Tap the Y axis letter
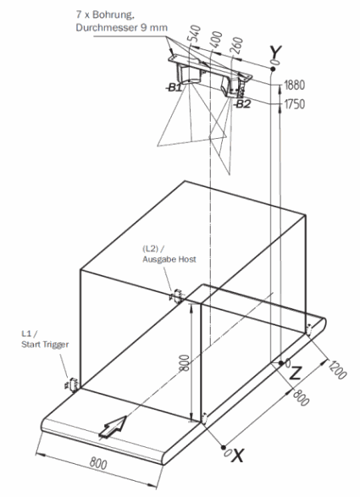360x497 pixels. (275, 52)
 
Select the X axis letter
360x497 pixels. (238, 456)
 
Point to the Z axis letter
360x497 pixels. (296, 373)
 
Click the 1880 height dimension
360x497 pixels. (294, 85)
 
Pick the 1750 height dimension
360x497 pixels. (294, 103)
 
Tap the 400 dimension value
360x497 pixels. (217, 39)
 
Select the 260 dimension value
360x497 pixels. (238, 46)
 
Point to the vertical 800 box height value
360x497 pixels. (186, 362)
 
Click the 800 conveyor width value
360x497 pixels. (98, 464)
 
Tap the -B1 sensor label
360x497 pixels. (174, 87)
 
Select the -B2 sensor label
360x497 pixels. (242, 103)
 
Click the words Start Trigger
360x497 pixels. (45, 345)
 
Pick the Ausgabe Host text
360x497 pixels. (169, 259)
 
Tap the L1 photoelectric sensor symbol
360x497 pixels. (72, 384)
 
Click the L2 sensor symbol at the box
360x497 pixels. (177, 296)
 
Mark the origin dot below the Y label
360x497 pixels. (272, 69)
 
